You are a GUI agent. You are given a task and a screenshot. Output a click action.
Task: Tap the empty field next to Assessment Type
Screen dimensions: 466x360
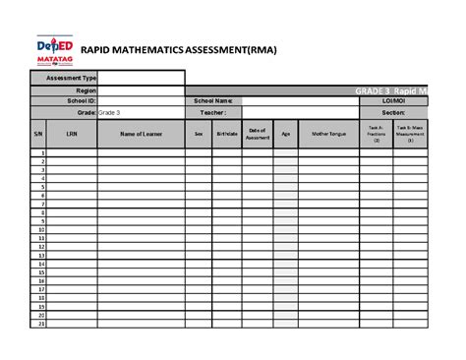(x=141, y=77)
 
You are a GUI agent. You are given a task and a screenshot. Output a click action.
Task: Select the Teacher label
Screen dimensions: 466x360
(x=212, y=113)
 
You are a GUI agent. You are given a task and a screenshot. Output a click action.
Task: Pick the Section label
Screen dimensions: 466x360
(x=403, y=113)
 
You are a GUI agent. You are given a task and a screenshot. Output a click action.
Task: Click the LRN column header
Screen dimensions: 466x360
(x=71, y=135)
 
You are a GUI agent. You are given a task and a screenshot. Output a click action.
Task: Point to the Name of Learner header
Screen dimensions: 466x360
(x=141, y=135)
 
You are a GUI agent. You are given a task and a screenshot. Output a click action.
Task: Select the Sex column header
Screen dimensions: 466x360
(x=198, y=135)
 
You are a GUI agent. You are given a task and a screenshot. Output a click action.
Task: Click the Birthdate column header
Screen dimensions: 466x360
(x=227, y=135)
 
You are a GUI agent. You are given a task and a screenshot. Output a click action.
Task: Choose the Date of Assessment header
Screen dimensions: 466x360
(x=258, y=135)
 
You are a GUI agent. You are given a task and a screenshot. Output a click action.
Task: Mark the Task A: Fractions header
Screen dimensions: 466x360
(x=376, y=135)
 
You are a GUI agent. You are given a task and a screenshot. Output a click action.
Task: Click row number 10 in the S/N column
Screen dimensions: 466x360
(x=41, y=229)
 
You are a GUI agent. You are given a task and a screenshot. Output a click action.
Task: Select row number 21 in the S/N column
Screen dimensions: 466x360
(x=41, y=322)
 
